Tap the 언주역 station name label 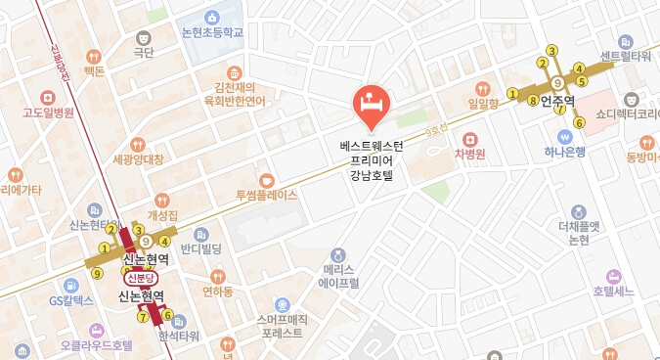[556, 101]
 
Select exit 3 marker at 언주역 [552, 51]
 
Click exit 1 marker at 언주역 [512, 94]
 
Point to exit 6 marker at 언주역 [579, 122]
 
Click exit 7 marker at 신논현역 [144, 316]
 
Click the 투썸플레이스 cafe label [266, 195]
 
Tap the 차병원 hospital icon [470, 138]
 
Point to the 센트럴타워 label [626, 56]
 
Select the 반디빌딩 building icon [201, 235]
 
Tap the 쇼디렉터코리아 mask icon [632, 99]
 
